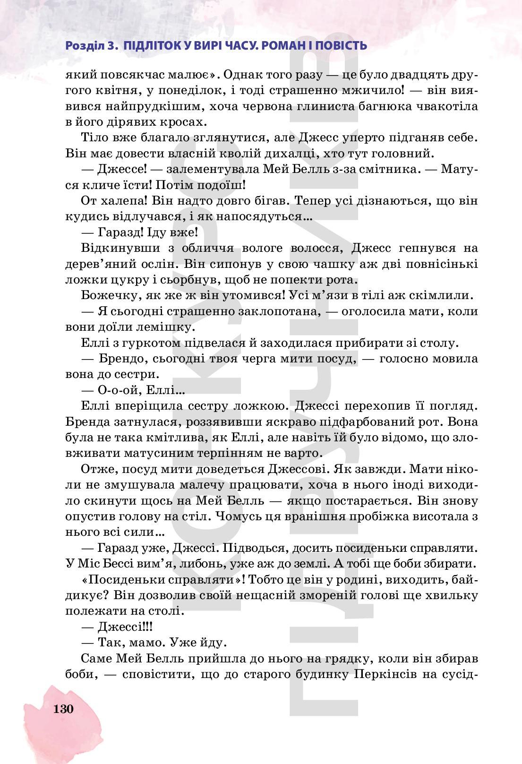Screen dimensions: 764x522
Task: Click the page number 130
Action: click(x=64, y=709)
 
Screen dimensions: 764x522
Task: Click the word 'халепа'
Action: click(x=120, y=201)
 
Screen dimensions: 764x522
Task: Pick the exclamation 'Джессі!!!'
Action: click(x=125, y=627)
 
